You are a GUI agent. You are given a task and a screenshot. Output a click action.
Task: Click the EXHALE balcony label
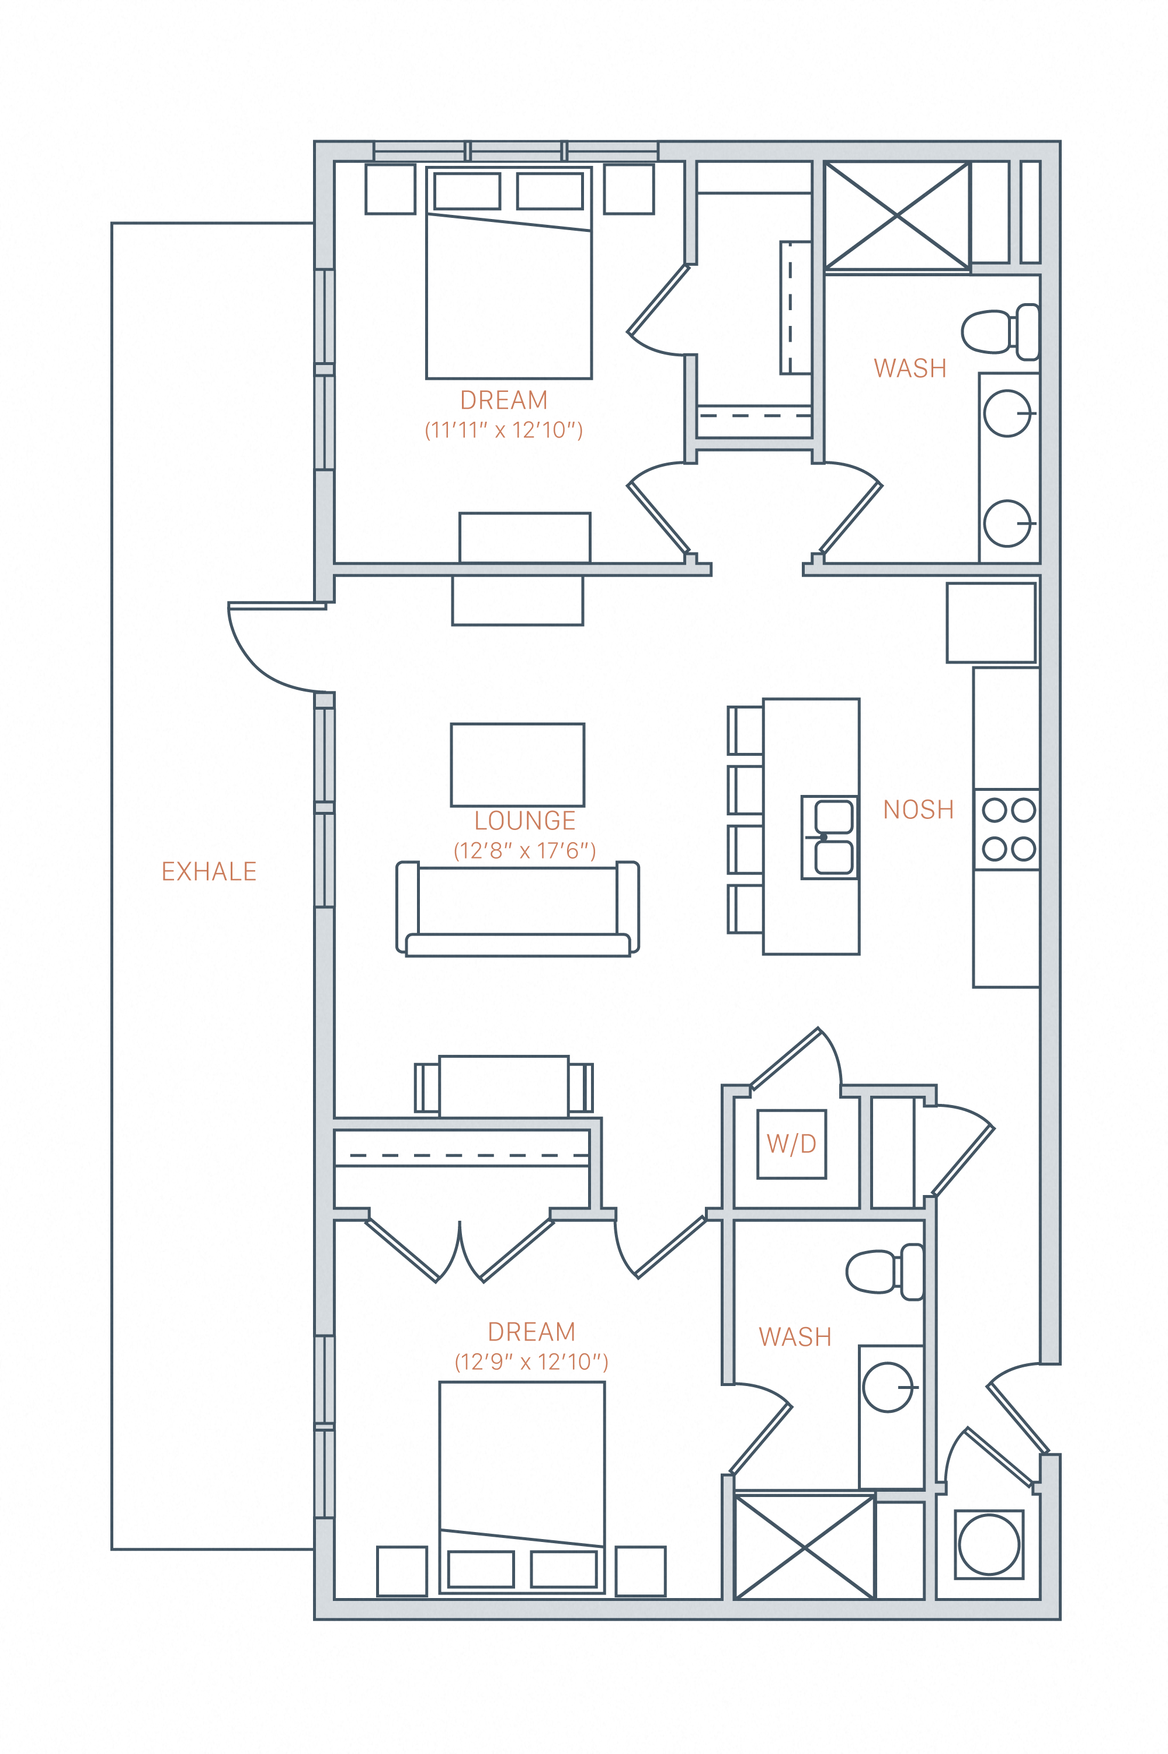pos(209,871)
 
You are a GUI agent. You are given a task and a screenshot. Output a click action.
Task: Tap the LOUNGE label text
pos(524,820)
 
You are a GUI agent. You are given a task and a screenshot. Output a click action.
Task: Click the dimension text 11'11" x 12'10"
pos(503,430)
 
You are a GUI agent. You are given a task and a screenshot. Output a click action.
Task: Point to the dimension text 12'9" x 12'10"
pos(531,1362)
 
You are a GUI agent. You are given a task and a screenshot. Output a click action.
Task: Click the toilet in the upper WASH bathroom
pos(998,331)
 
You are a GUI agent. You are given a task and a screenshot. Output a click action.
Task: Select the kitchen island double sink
pos(830,837)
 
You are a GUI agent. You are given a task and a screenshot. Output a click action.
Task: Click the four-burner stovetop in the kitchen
pos(1009,829)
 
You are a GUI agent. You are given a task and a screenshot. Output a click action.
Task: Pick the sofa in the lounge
pos(517,909)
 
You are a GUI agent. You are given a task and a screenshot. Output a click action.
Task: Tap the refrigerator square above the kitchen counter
pos(990,623)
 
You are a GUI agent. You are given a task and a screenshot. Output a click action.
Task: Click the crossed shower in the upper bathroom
pos(897,216)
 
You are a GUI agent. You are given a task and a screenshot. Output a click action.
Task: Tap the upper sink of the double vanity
pos(1006,414)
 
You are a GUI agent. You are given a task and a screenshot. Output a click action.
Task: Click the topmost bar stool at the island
pos(746,731)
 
